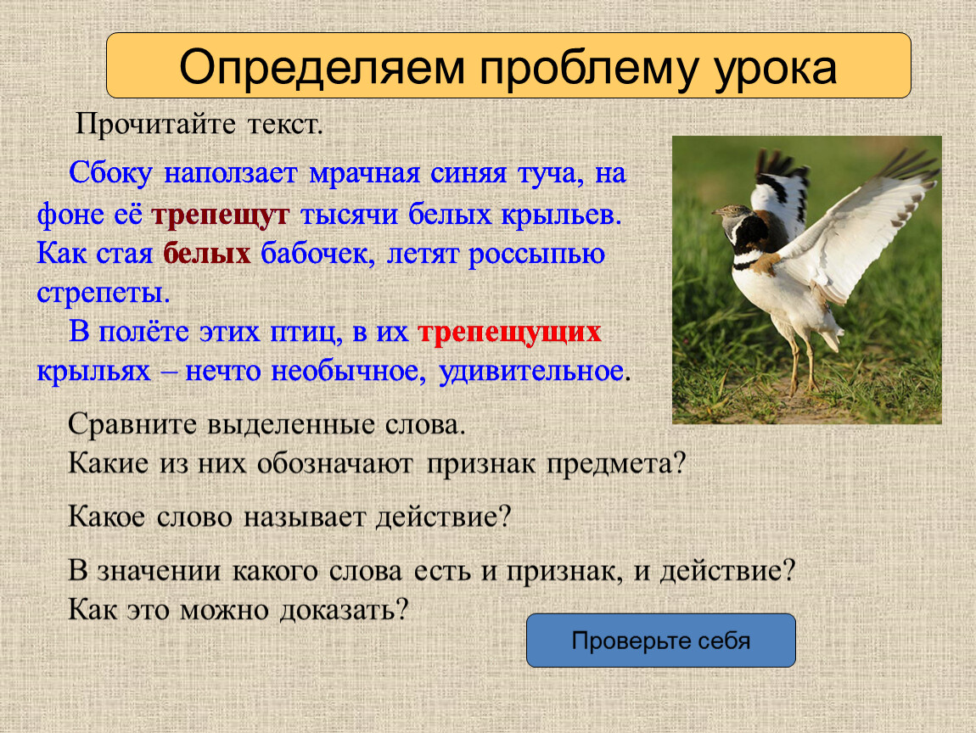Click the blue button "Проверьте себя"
tap(660, 641)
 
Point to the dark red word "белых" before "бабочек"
tap(206, 254)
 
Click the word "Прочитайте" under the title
tap(155, 125)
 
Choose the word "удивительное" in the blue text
tap(531, 372)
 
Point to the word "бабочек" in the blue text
tap(317, 254)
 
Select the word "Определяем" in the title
tap(322, 67)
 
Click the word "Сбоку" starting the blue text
tap(110, 173)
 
